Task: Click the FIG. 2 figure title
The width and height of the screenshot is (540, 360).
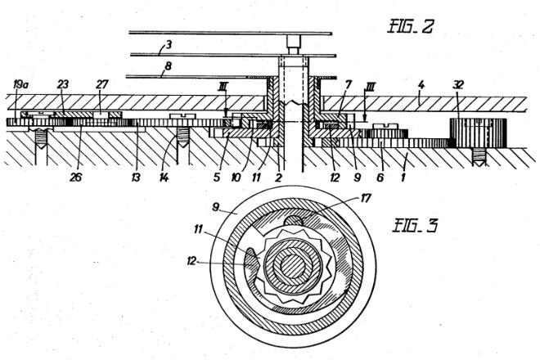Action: (x=410, y=26)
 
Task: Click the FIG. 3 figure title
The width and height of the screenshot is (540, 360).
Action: (x=415, y=226)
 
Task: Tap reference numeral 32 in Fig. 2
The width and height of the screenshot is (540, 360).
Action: (x=457, y=84)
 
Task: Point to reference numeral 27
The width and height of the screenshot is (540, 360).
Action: (x=102, y=84)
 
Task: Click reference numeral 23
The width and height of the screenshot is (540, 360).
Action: (x=63, y=84)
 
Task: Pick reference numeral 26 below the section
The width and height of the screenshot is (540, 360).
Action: (x=76, y=178)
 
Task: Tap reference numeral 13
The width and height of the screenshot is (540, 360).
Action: (x=136, y=178)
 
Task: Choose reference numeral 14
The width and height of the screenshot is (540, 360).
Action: (x=164, y=178)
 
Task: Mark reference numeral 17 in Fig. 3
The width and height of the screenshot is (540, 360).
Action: (x=366, y=198)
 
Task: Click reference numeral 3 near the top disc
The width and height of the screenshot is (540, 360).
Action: (x=169, y=45)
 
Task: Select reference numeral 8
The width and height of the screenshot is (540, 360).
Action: (x=168, y=65)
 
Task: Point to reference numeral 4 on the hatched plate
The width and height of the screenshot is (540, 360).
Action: (x=421, y=85)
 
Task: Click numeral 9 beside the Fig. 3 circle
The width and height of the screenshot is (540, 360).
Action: (x=215, y=208)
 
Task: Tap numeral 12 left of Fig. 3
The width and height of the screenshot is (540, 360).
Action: (x=191, y=261)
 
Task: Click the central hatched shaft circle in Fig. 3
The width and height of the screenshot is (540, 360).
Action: (x=293, y=266)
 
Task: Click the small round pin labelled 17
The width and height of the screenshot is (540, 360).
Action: (x=294, y=221)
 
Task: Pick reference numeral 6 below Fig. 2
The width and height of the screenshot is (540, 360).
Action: (x=380, y=178)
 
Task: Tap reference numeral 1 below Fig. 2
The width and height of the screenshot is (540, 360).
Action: (x=403, y=178)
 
